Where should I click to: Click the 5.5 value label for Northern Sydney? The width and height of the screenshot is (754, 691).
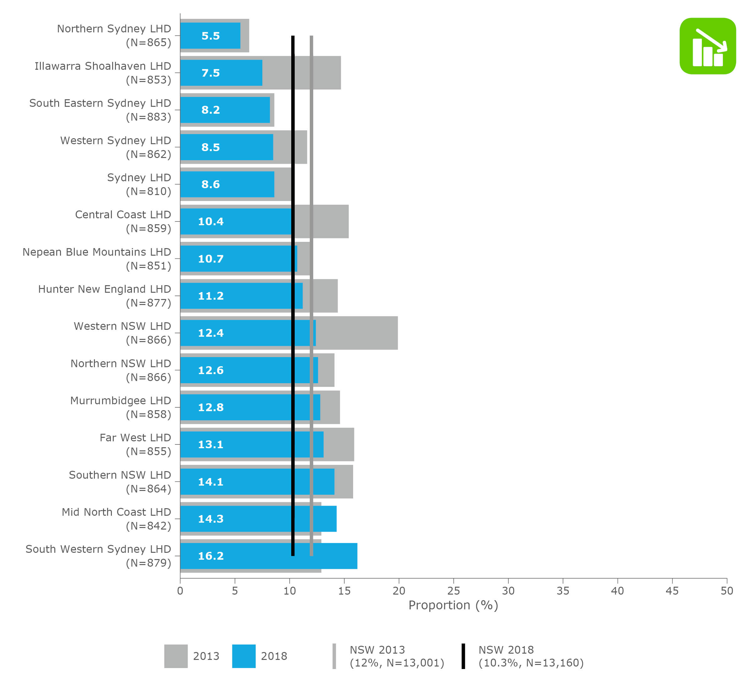(x=210, y=36)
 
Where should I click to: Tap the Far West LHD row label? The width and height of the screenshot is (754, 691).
(x=135, y=438)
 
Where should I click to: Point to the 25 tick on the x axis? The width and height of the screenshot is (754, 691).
(x=453, y=591)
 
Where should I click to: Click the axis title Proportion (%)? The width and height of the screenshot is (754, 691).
(x=453, y=605)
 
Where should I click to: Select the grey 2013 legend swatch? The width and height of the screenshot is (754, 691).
(x=176, y=656)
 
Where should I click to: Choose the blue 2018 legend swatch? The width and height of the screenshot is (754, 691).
(x=244, y=656)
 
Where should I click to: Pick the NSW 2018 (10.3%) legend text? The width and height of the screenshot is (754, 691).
(x=531, y=656)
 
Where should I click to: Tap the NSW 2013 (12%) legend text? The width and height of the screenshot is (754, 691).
(x=396, y=656)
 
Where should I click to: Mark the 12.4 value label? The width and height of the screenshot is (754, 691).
(x=210, y=333)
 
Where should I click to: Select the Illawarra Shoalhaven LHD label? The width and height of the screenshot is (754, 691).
(x=102, y=66)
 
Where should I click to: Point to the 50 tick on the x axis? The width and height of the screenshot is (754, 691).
(x=727, y=591)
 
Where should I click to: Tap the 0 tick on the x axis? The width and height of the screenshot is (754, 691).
(x=180, y=591)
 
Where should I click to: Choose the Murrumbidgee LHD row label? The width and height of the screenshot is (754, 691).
(x=120, y=400)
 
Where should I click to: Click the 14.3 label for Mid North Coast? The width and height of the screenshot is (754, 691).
(x=210, y=519)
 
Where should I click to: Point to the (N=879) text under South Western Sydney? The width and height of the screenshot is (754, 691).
(x=149, y=563)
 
